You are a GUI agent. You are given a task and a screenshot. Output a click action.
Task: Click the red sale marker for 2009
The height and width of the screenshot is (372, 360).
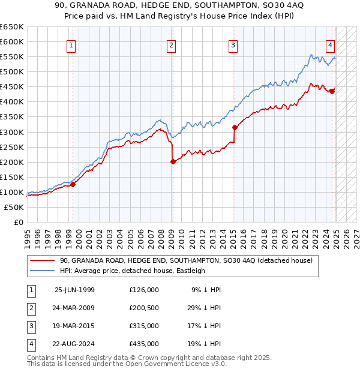coord(173,161)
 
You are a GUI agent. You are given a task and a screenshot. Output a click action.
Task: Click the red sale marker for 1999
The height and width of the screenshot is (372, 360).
coord(73,184)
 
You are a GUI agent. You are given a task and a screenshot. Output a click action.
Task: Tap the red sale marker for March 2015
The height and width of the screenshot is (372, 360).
coord(234,127)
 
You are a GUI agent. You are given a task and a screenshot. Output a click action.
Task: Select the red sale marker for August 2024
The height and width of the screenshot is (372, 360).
coord(332,91)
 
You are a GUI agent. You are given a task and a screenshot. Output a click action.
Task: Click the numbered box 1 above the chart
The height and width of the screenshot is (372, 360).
coord(71,44)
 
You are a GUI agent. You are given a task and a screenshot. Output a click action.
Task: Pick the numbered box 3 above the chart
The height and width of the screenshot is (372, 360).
coord(232,44)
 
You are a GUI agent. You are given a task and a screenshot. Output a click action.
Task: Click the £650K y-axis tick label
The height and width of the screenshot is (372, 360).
coord(12,27)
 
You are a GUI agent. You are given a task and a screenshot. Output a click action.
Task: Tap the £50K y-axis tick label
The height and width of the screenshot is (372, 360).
coord(14,207)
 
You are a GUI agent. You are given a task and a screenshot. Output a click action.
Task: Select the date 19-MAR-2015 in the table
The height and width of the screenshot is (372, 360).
coord(74,326)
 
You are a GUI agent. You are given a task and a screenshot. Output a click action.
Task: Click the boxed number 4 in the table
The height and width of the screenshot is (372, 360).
coord(30,344)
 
